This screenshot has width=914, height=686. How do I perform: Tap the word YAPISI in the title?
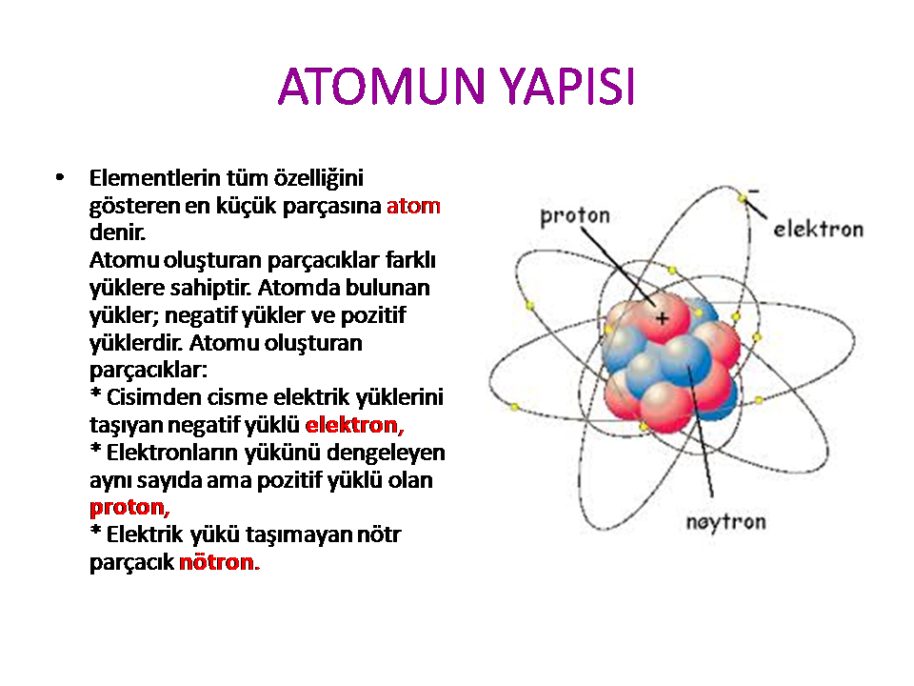point(568,87)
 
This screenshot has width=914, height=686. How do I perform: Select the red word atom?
point(413,206)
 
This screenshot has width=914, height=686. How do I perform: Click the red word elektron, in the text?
point(354,425)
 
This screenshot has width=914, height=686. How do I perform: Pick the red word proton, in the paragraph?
point(129,508)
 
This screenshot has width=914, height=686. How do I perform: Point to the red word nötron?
point(219,562)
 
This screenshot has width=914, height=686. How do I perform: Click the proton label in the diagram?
point(575,216)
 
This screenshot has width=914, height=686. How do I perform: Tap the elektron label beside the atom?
point(819,230)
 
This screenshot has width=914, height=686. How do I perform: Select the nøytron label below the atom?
point(725,522)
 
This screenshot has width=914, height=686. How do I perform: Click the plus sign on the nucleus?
point(662,318)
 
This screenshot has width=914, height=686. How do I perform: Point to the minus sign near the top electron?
point(754,191)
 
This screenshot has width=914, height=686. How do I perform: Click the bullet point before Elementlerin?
point(59,177)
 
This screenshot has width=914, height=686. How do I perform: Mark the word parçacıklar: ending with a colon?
point(149,371)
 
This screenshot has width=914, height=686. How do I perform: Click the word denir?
point(117,232)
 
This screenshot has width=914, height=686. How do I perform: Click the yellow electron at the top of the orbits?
point(742,198)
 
